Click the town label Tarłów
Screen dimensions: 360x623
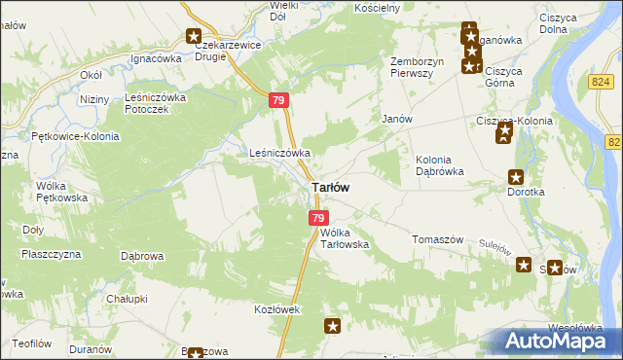(x=330, y=187)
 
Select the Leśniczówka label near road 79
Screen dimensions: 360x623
(x=279, y=153)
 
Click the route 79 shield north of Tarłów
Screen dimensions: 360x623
(x=279, y=101)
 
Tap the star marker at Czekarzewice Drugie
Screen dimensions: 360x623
(x=194, y=37)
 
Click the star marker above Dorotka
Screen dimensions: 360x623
(x=516, y=177)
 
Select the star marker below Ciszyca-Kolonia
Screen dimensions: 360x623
(x=503, y=137)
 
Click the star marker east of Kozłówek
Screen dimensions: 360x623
(x=333, y=327)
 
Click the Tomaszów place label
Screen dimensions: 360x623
(x=435, y=239)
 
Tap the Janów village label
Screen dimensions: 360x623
(x=397, y=119)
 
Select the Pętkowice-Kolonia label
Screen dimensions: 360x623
(x=75, y=136)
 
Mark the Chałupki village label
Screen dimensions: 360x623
(x=127, y=299)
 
